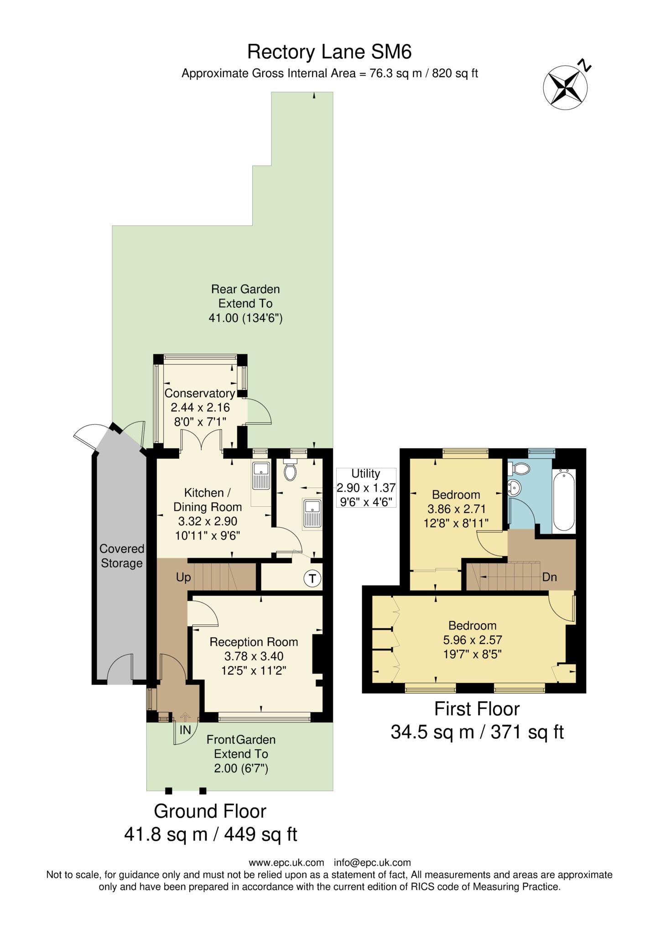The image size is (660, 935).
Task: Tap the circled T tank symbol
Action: click(312, 579)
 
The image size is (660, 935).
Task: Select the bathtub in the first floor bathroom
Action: click(564, 501)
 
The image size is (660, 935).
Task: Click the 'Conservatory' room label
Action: click(200, 394)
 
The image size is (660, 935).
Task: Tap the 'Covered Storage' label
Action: click(122, 556)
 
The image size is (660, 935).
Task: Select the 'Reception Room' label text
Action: click(254, 642)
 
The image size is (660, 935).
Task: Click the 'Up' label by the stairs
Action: click(183, 578)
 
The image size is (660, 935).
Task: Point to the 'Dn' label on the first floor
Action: click(550, 577)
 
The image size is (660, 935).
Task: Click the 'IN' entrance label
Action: click(185, 730)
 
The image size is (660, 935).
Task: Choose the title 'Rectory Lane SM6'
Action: click(329, 52)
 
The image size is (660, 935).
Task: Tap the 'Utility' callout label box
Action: click(366, 488)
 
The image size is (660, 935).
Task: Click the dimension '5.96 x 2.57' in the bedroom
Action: click(472, 640)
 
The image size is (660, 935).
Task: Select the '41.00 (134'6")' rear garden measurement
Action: click(245, 318)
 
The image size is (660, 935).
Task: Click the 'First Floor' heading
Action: click(477, 709)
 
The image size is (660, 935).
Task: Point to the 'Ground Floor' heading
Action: click(210, 811)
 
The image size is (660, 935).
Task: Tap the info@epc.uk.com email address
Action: click(372, 862)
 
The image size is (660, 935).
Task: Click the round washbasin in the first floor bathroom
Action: click(514, 488)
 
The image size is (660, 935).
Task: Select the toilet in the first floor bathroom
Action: click(519, 468)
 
